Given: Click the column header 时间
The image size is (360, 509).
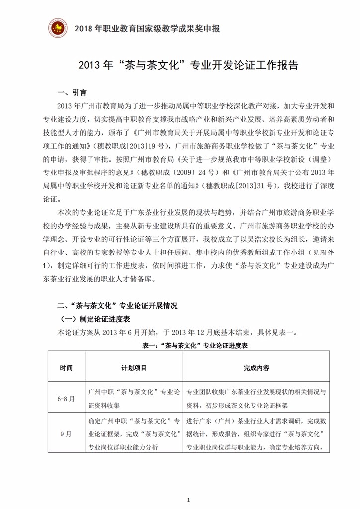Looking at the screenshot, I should coord(66,368).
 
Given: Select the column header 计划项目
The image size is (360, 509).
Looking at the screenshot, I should coord(134,368).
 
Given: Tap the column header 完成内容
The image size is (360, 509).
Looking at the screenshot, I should coord(257,368).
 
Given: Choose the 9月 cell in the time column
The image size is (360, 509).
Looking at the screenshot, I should coord(66,434).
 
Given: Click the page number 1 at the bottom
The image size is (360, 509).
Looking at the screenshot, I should coord(188,499).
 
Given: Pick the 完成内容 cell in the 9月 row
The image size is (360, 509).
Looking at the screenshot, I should coord(257,434).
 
